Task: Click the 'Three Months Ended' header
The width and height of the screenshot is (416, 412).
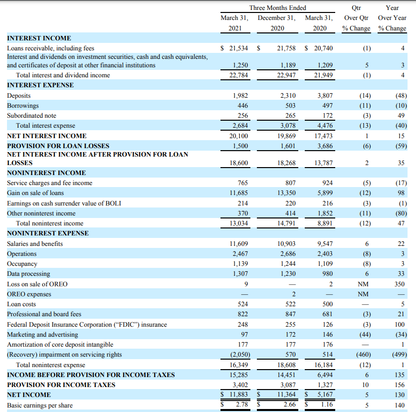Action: coord(277,7)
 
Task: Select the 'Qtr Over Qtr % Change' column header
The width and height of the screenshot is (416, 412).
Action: coord(357,18)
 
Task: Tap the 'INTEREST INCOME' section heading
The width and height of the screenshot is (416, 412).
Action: coord(39,38)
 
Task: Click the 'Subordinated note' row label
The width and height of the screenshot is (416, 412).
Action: coord(31,116)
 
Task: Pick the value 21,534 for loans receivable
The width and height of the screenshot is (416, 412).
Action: coord(237,48)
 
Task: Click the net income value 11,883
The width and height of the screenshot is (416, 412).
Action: coord(237,395)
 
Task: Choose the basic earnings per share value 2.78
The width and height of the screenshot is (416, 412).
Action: coord(241,405)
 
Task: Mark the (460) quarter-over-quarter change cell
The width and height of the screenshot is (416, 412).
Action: coord(357,355)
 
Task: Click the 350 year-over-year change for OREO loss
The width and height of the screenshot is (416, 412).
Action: coord(400,284)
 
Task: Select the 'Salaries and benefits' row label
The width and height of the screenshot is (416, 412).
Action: coord(35,243)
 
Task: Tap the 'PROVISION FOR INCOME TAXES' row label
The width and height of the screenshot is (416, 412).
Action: coord(61,385)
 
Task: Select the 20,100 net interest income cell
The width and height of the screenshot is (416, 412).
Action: coord(237,136)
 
